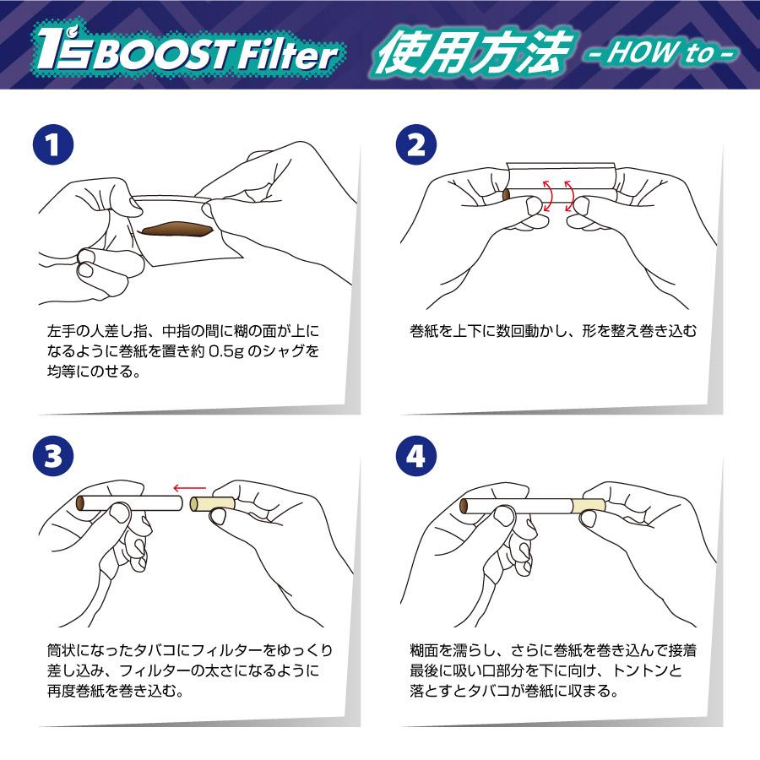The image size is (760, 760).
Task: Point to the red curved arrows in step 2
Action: pyautogui.click(x=556, y=195)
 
